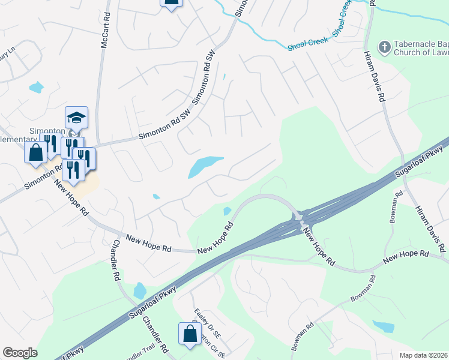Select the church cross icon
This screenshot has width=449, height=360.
[x=384, y=46]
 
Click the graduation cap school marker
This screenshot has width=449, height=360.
[x=76, y=117]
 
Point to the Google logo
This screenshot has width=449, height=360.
[x=20, y=353]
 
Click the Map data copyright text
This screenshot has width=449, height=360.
[x=424, y=355]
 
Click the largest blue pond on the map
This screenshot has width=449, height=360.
[x=204, y=165]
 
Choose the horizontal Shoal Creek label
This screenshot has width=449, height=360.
[x=308, y=44]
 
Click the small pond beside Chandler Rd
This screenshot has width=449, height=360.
[x=140, y=291]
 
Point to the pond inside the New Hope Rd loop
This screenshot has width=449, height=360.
[x=227, y=211]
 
